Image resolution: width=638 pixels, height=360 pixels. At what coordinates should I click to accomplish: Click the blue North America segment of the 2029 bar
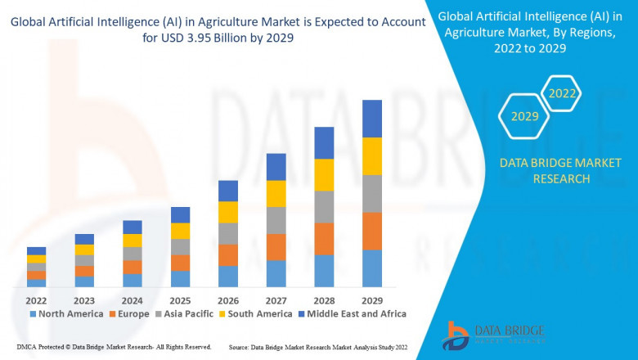coord(372,268)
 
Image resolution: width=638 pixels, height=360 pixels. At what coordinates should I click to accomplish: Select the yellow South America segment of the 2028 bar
coord(324,174)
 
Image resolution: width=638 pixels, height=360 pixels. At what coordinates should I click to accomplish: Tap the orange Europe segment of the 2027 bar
coord(276,247)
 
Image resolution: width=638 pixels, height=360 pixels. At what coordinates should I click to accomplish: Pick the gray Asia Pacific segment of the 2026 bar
coord(228,233)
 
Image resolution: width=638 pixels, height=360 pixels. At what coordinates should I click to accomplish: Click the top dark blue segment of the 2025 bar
coord(180,214)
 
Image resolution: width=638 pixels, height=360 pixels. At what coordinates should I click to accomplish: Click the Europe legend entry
coord(129,313)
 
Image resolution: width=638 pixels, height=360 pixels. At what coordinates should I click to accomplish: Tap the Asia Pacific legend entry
coord(184,313)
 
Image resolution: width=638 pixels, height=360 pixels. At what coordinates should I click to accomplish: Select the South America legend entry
coord(254,313)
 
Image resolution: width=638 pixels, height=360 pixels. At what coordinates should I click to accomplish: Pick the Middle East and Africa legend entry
coord(353,313)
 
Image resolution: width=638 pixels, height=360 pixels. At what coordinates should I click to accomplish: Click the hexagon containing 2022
coord(562,93)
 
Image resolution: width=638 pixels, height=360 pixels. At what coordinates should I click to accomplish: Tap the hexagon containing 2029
coord(524,116)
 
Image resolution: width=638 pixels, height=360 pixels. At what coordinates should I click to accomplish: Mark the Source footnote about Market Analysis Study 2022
coord(318,348)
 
